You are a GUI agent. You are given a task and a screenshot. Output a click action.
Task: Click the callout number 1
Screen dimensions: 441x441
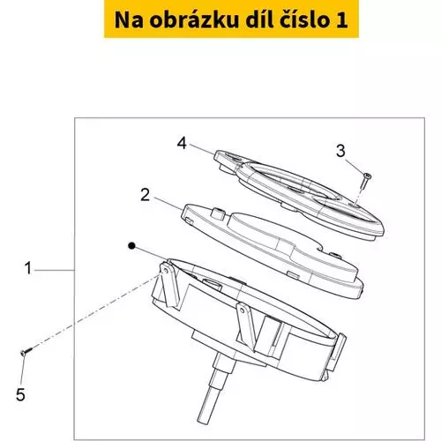coord(28,268)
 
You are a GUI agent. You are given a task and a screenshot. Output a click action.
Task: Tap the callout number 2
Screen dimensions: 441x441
coord(145,195)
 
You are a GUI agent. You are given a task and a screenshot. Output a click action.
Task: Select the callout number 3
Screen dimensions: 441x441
coord(340,151)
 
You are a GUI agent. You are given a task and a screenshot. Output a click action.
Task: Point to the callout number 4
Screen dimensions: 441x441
coord(182,144)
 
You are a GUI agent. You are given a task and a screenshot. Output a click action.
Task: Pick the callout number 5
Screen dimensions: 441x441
coord(20,394)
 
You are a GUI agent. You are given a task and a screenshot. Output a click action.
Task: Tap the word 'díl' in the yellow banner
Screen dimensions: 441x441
coord(259,19)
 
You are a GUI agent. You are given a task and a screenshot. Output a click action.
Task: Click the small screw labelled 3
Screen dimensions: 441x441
coord(365,182)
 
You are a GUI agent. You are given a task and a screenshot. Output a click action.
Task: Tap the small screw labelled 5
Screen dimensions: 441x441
coord(26,351)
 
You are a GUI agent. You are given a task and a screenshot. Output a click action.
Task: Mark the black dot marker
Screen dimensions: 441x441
coord(132,246)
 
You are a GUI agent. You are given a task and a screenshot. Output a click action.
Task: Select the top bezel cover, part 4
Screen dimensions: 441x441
coord(299,195)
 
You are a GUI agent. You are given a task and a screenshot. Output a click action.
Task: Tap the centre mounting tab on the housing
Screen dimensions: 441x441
coord(247,325)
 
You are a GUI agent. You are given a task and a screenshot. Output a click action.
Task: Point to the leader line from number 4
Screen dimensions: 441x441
coord(202,148)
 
